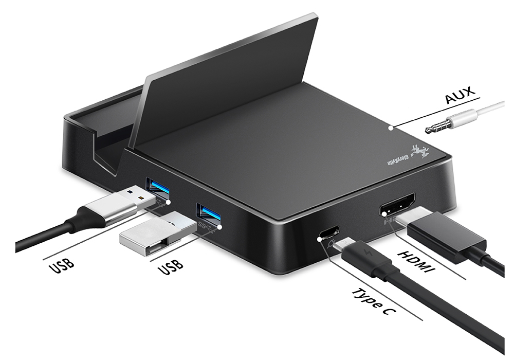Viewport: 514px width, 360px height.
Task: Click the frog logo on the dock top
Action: [x=423, y=150]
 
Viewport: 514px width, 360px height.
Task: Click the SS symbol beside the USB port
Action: [x=202, y=225]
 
